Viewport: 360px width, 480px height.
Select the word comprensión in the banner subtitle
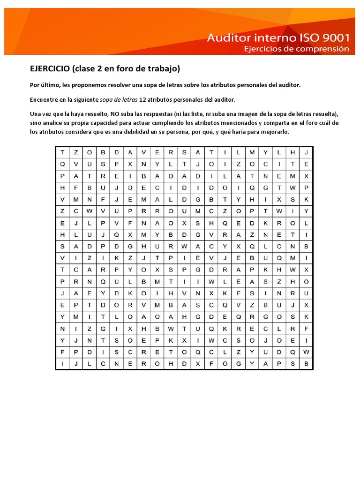tap(323, 48)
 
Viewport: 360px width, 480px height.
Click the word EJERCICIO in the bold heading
tap(50, 69)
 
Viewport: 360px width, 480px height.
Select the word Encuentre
tap(45, 100)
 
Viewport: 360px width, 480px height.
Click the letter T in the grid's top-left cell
tap(62, 152)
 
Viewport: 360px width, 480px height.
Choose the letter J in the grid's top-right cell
tap(306, 152)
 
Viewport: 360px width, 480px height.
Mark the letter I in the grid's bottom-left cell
tap(62, 363)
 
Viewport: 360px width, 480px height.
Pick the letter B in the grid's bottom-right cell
tap(306, 363)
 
